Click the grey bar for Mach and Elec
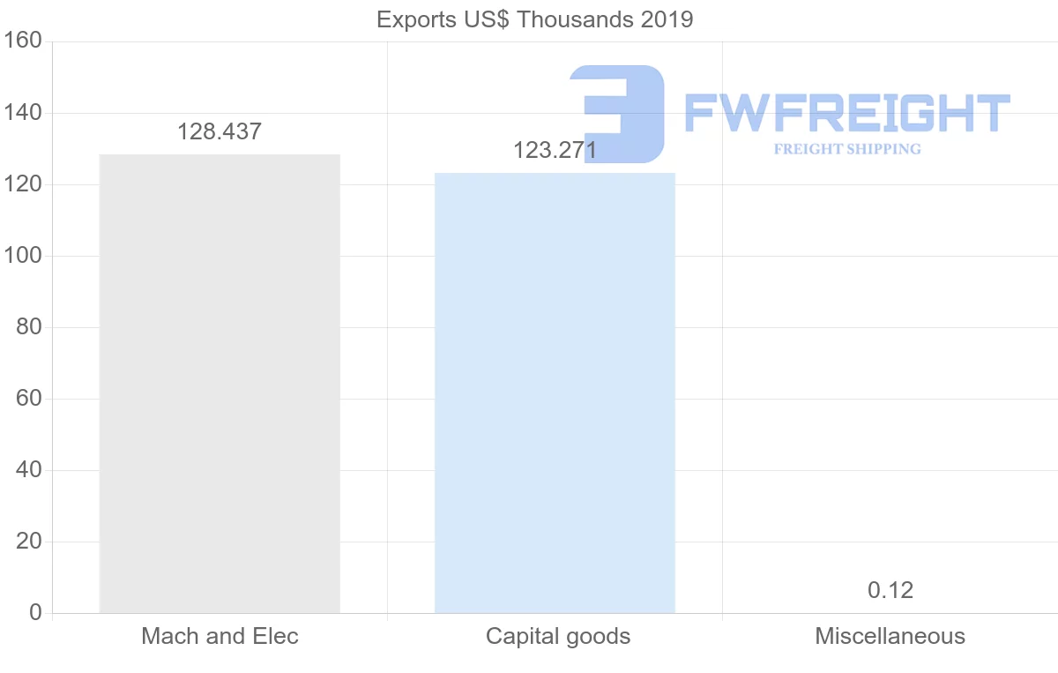220,384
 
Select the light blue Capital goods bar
555,393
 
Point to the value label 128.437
220,132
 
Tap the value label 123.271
555,151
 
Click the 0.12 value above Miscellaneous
890,590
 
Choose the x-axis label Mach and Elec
220,636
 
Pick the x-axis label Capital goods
558,636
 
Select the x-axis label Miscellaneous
890,636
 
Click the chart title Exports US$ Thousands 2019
535,19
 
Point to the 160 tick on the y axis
23,41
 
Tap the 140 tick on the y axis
23,113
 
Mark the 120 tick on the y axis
23,184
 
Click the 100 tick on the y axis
23,256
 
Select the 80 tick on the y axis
29,327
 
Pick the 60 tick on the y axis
29,399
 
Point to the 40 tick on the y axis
29,470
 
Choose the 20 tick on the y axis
29,542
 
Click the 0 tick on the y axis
35,613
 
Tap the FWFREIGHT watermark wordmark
846,113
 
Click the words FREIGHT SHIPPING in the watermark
847,149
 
